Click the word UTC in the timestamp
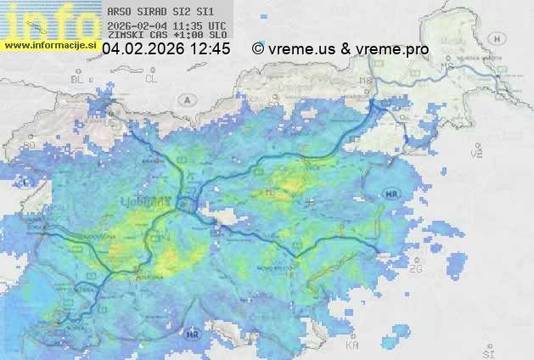(216, 26)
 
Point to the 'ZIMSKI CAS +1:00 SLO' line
(167, 36)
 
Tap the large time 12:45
(210, 49)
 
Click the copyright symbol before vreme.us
(258, 49)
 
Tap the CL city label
(152, 79)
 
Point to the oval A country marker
(186, 99)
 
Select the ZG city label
(415, 269)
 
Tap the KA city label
(352, 345)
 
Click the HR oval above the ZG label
(391, 194)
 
